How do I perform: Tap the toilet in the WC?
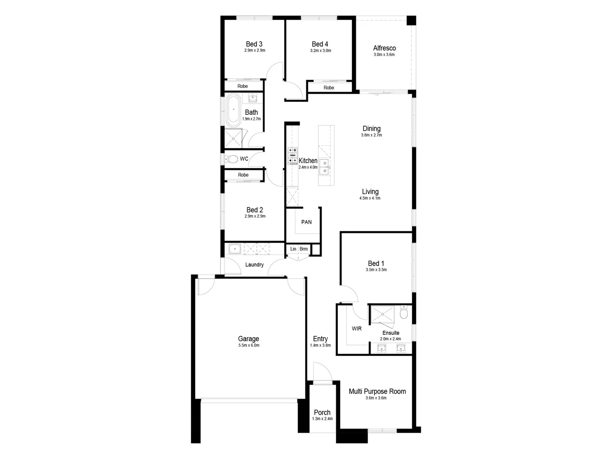pos(232,159)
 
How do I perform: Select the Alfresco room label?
pos(384,48)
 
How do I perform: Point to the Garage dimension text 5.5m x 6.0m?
pos(249,346)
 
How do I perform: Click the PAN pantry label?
pos(306,222)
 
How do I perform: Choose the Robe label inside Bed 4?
pos(329,88)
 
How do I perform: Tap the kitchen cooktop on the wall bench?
pos(292,156)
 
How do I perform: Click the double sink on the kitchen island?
pos(324,167)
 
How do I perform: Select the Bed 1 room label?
pos(376,263)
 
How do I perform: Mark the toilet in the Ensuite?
pos(404,312)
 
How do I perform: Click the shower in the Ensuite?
pos(382,314)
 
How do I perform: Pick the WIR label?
pos(357,329)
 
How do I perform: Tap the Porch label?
pos(322,412)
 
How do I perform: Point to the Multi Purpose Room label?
pos(377,391)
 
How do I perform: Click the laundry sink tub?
pos(235,249)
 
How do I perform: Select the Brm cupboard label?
pos(303,249)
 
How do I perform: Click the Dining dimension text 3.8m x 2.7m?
pos(371,135)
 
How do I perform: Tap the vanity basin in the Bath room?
pos(253,98)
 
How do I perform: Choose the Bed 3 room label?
pos(254,44)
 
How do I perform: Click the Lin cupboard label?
pos(293,249)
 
